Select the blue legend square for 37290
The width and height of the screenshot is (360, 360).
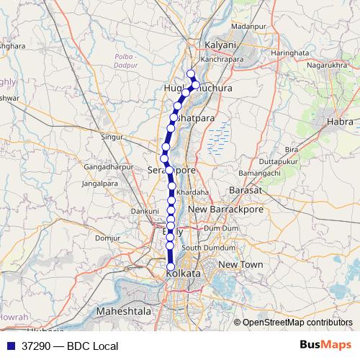(x=12, y=345)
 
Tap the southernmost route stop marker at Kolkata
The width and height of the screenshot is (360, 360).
(x=171, y=267)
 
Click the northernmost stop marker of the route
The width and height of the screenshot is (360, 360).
(x=191, y=73)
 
